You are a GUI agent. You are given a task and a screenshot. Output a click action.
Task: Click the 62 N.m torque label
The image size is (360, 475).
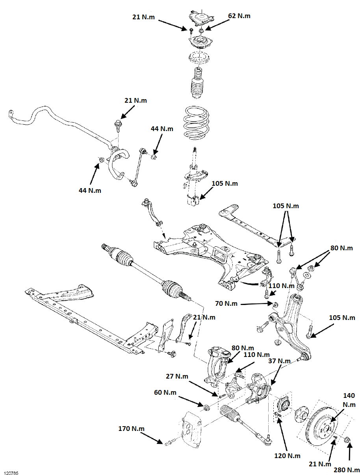[x=239, y=16]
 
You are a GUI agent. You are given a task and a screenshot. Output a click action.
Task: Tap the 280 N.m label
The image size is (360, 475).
[x=347, y=469]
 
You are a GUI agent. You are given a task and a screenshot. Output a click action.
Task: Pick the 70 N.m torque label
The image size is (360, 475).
[x=226, y=303]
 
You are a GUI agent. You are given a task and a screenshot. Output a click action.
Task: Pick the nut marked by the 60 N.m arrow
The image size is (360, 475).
[x=206, y=407]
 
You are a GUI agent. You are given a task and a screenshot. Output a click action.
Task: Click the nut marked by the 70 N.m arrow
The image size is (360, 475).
[x=275, y=304]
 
